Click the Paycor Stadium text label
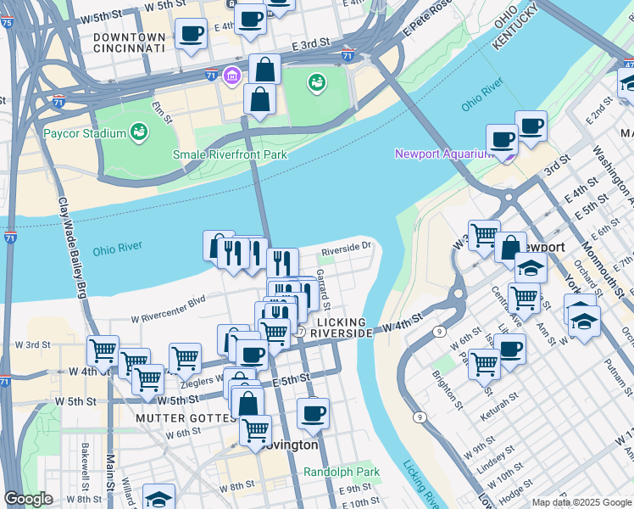[83, 133]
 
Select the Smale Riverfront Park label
[230, 154]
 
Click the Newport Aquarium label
[443, 154]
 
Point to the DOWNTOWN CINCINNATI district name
[129, 43]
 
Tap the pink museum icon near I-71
[231, 77]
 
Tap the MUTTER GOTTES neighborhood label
[188, 418]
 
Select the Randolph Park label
[342, 472]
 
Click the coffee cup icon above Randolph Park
[313, 412]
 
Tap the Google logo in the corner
[27, 499]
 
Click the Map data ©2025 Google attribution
[581, 502]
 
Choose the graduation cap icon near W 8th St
[158, 496]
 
